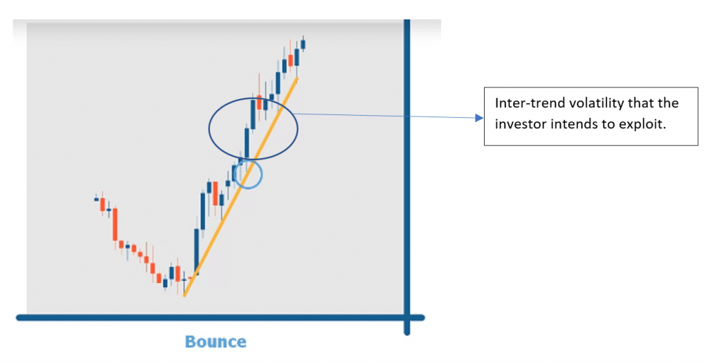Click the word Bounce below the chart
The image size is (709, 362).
215,341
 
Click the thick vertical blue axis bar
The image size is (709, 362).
407,173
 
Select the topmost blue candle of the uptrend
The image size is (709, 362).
303,44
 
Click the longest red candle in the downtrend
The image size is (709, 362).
116,225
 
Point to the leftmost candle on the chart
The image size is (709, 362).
96,199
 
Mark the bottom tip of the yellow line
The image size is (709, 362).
185,295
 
